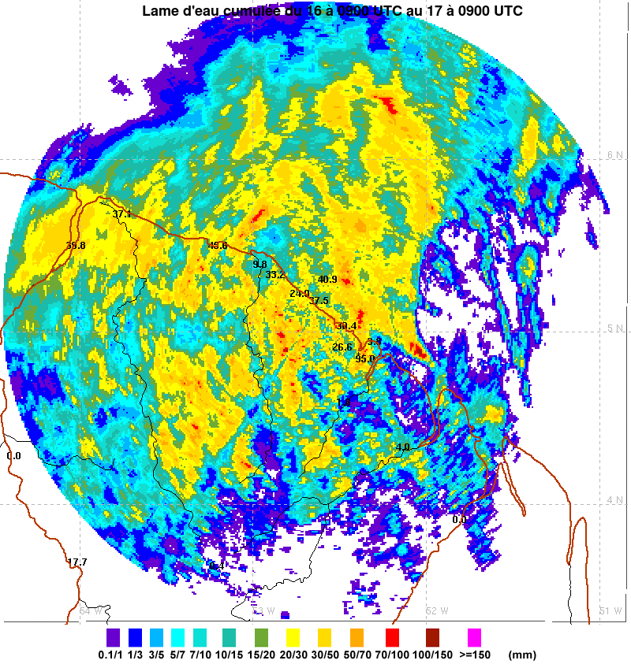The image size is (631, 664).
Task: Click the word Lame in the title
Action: click(160, 11)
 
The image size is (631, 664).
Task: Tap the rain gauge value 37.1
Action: click(122, 214)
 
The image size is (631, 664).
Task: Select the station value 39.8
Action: click(76, 246)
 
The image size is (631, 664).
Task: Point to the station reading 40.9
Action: click(327, 280)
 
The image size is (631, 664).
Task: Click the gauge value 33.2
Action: click(275, 275)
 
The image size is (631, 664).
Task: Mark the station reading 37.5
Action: click(319, 301)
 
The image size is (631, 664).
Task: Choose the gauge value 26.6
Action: click(342, 347)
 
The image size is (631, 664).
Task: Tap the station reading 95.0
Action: click(364, 358)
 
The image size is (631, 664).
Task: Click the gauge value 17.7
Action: click(77, 562)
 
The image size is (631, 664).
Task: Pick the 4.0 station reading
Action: click(403, 447)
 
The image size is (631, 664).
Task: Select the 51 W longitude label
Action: click(611, 610)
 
